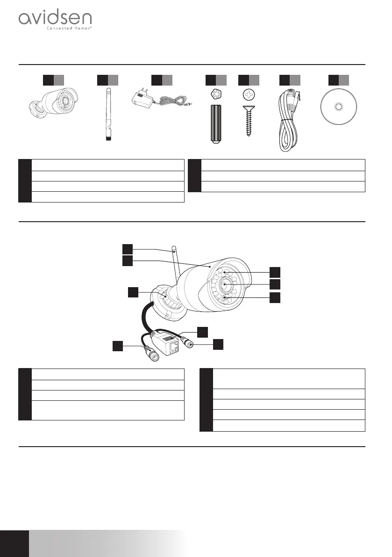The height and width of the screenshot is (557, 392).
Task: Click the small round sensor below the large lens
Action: coord(225,298)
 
